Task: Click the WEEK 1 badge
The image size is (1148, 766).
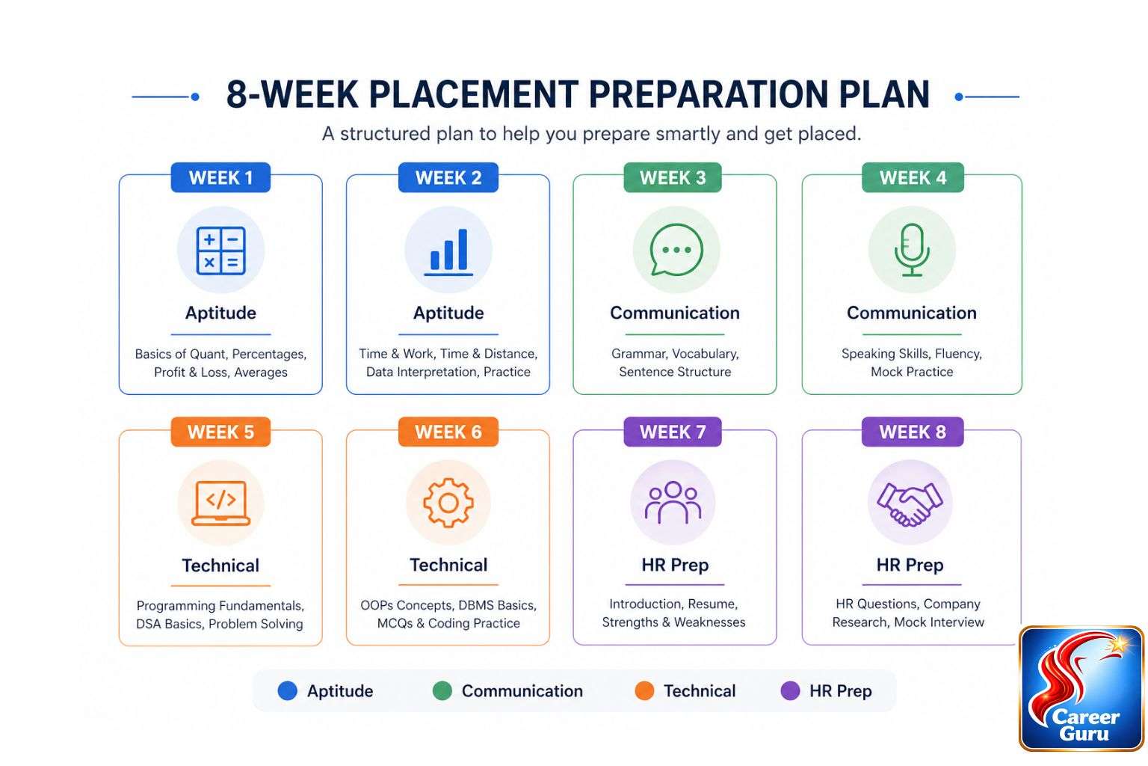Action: (x=220, y=178)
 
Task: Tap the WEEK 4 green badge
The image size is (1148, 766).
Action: (x=913, y=178)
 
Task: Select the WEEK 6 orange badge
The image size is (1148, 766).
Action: (x=448, y=432)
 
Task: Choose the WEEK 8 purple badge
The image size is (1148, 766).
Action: (x=913, y=432)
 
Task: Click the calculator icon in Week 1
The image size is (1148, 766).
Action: (x=220, y=251)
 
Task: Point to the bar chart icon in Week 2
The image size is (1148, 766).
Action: (x=448, y=251)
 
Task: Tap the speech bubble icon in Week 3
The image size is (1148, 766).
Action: (x=676, y=251)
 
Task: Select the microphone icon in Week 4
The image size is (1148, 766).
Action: (x=912, y=251)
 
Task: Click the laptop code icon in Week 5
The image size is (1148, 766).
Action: (x=220, y=503)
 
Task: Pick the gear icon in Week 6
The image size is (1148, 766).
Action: (x=448, y=503)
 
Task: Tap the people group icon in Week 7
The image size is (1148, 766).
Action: (x=673, y=503)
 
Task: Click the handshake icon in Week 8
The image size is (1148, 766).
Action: (x=910, y=503)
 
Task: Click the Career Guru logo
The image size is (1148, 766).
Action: (x=1081, y=689)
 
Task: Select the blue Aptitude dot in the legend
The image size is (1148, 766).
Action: (x=288, y=691)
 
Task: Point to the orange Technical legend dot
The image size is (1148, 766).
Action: (x=644, y=691)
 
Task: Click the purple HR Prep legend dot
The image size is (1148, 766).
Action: (x=790, y=691)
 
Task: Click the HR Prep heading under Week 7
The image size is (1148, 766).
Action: (x=675, y=566)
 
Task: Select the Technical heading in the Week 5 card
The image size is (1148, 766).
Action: (x=220, y=566)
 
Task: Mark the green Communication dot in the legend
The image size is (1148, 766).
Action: (x=442, y=691)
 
